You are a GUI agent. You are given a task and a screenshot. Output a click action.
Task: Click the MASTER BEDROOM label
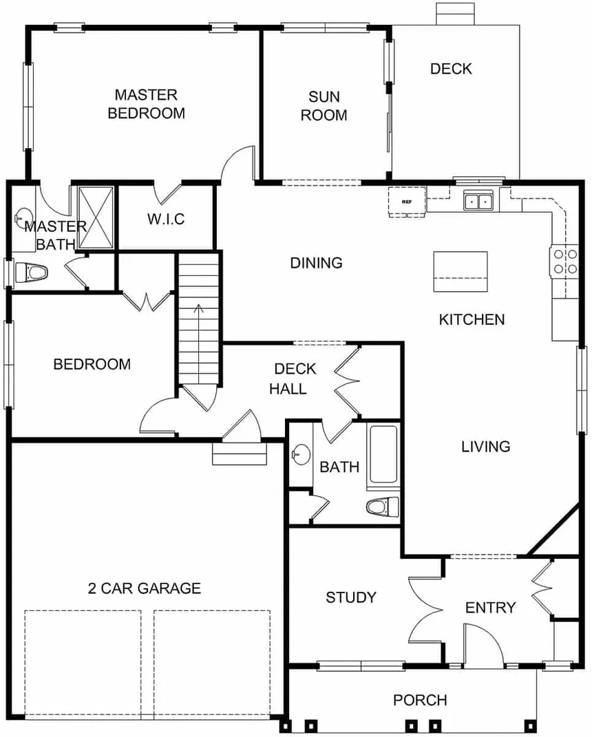click(x=146, y=104)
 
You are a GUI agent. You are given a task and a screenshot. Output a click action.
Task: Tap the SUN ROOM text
click(x=324, y=106)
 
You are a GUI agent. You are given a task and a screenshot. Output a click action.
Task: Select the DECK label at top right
click(x=451, y=69)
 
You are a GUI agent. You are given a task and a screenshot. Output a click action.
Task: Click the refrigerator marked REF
click(x=407, y=201)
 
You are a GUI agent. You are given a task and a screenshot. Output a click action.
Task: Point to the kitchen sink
click(x=478, y=201)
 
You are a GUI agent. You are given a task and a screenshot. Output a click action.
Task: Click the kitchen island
click(x=461, y=271)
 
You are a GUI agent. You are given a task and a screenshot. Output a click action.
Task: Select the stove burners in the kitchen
click(x=564, y=261)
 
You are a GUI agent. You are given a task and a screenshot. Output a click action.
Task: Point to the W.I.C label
click(x=166, y=220)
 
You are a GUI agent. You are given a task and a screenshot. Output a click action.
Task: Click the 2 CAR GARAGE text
click(x=145, y=588)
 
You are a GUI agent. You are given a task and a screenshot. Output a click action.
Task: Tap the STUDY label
click(x=351, y=597)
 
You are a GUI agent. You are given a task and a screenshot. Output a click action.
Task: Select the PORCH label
click(x=420, y=701)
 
